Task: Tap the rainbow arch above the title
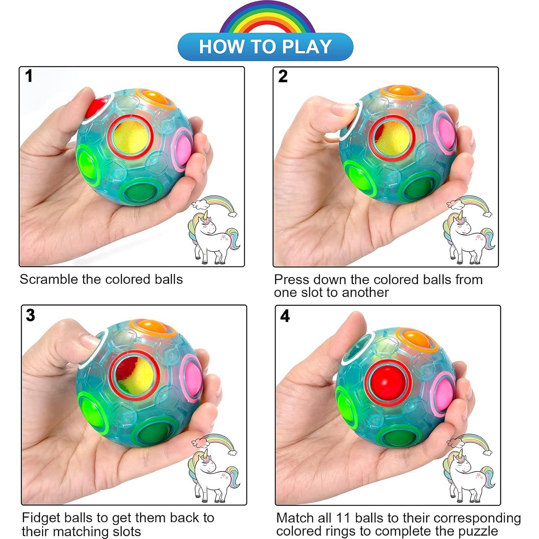(x=267, y=18)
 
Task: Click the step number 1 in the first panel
(x=29, y=76)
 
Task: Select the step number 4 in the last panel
(x=285, y=316)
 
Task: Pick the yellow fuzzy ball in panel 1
(x=132, y=137)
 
